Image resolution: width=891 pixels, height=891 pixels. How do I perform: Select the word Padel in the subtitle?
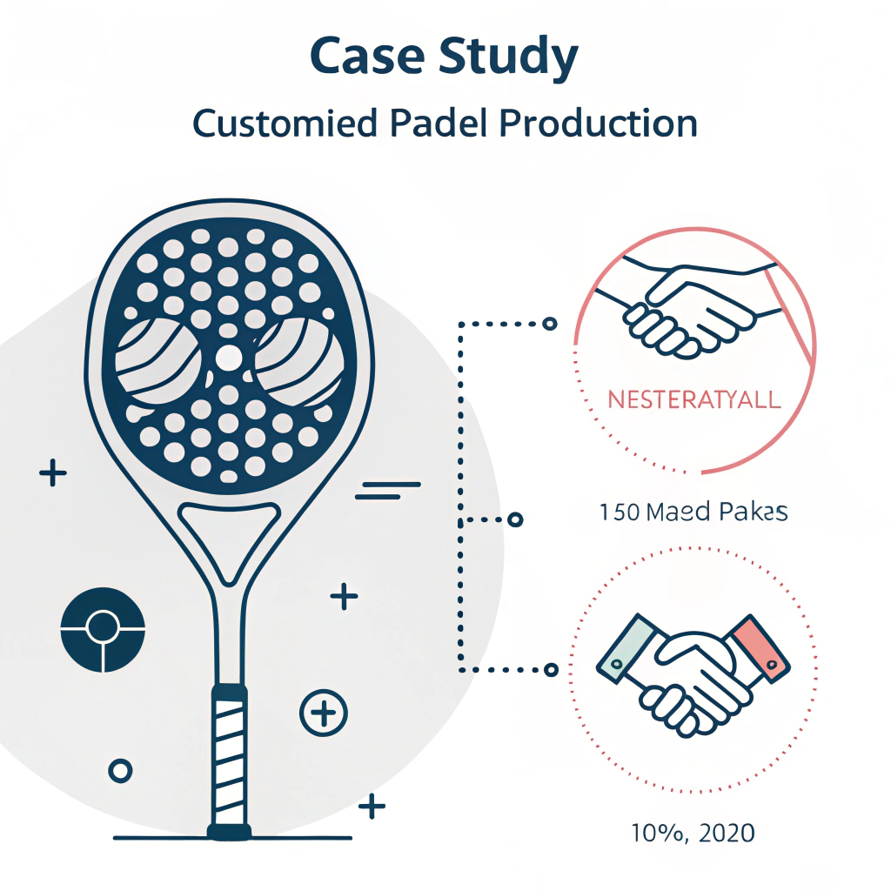pyautogui.click(x=433, y=124)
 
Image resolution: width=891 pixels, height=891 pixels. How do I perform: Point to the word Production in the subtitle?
pyautogui.click(x=599, y=124)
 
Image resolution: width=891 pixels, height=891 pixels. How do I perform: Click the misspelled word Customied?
pyautogui.click(x=285, y=124)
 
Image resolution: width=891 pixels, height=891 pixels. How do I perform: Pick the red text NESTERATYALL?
pyautogui.click(x=693, y=401)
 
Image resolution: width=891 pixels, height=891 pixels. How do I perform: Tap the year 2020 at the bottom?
pyautogui.click(x=720, y=833)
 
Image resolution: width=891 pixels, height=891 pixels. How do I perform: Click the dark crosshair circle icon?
pyautogui.click(x=103, y=630)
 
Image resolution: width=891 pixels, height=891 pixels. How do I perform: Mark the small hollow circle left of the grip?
pyautogui.click(x=119, y=770)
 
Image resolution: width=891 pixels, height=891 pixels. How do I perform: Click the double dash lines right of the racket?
pyautogui.click(x=387, y=491)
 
